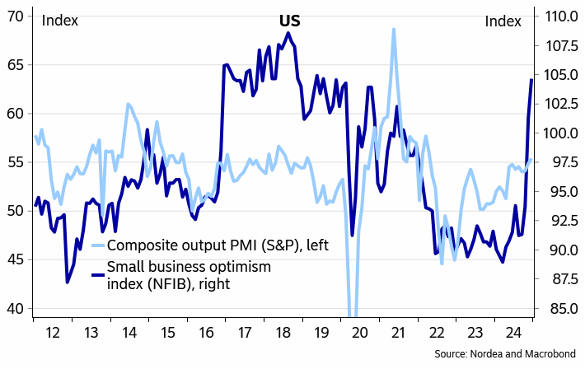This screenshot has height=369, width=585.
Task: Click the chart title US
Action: point(288,21)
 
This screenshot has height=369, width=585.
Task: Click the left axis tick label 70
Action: point(16,16)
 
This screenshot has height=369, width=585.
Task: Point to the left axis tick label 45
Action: point(16,259)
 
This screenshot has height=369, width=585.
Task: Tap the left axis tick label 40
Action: point(16,309)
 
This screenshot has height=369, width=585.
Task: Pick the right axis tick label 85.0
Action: point(559,309)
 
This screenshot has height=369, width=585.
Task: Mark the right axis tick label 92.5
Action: point(559,221)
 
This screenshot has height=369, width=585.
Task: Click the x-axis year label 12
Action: point(53,334)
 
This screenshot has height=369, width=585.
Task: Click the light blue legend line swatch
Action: point(97,246)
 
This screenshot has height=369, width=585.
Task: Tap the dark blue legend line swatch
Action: point(97,275)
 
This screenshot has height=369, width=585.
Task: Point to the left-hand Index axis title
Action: point(60,21)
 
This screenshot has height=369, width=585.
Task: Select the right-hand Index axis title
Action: point(503,21)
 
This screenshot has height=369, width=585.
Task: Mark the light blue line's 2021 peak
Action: point(394,30)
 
